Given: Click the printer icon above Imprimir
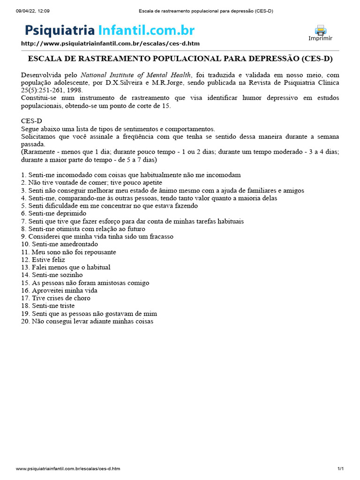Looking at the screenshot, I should (x=320, y=30).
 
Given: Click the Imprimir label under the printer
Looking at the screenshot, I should (x=320, y=38).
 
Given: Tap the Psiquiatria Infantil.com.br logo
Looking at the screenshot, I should (x=110, y=30).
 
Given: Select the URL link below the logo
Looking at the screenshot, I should (x=110, y=44).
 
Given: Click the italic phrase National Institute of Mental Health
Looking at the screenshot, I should (x=136, y=75).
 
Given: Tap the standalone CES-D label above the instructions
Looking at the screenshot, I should (x=31, y=121).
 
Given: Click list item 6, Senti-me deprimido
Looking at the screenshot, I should (x=54, y=213).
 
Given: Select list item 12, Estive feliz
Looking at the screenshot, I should (x=43, y=260).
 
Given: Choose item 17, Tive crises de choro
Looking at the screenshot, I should (x=56, y=298).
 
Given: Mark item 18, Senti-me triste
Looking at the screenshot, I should (x=48, y=306).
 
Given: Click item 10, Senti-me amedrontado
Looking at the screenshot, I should (x=60, y=244).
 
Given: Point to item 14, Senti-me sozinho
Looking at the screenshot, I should (x=52, y=275).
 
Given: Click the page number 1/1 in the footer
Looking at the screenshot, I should (x=340, y=469).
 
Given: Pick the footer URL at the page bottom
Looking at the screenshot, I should (x=68, y=469).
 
